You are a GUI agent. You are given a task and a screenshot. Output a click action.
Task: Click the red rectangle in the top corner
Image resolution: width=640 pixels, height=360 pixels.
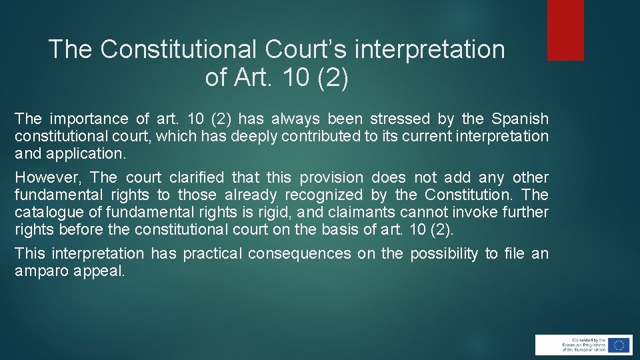[x=565, y=30]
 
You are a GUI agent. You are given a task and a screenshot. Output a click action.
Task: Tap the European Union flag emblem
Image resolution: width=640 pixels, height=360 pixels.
[x=619, y=345]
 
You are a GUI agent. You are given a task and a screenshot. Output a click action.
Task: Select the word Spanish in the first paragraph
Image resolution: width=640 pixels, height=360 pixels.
[x=520, y=119]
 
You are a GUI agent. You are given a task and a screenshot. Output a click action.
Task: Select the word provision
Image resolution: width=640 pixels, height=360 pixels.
[x=331, y=178]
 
